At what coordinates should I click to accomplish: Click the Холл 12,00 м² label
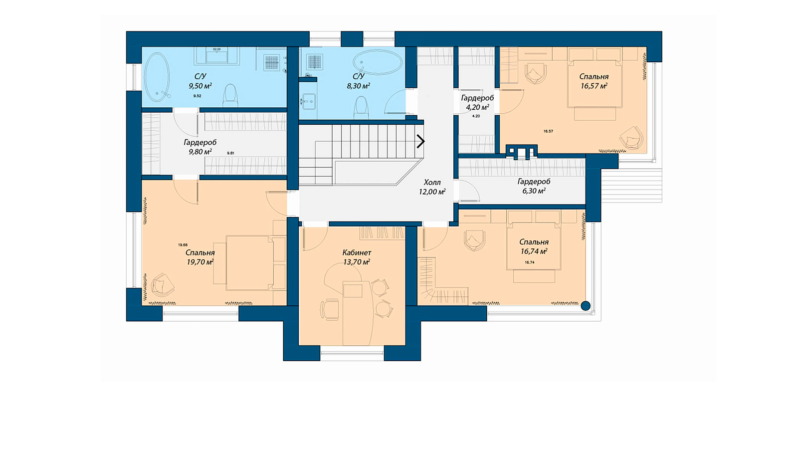click(432, 187)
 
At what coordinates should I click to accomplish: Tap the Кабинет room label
click(357, 252)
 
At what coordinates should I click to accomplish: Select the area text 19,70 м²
click(200, 262)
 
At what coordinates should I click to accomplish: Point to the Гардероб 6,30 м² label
click(534, 186)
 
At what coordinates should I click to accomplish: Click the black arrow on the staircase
click(421, 142)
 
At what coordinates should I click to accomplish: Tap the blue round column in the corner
click(586, 306)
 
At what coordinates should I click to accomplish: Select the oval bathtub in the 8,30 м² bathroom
click(377, 62)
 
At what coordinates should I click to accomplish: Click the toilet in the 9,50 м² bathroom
click(230, 95)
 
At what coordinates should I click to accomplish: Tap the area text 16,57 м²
click(594, 86)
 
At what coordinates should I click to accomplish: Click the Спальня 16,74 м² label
click(534, 246)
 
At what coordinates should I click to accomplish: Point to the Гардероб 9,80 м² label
click(200, 147)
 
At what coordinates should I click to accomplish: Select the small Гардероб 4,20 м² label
click(477, 102)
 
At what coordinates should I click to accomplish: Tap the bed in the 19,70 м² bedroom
click(249, 262)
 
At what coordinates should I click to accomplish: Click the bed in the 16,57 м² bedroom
click(595, 84)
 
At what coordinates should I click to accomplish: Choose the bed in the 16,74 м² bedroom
click(534, 246)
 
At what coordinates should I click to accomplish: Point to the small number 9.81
click(230, 153)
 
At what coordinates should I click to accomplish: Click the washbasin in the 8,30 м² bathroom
click(308, 102)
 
